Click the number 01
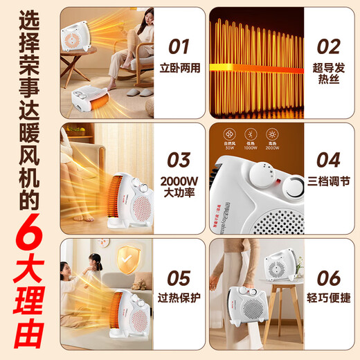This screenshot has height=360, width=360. [x=179, y=46]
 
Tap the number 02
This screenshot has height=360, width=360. [x=327, y=46]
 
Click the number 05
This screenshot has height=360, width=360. [x=179, y=278]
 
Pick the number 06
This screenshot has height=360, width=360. [x=327, y=278]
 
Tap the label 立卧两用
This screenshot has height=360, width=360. [x=179, y=70]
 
